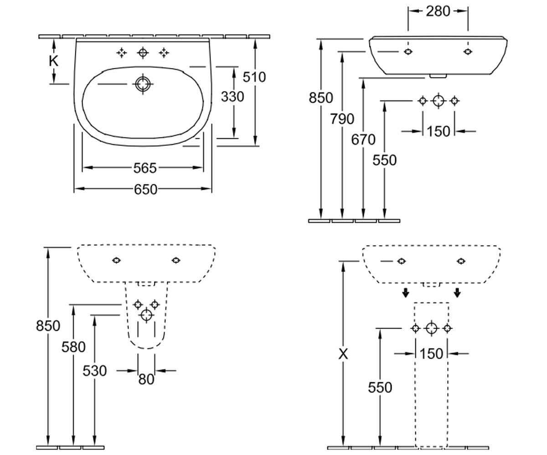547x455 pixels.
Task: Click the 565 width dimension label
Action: coord(145,168)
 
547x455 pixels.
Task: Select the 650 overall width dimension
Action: coord(146,189)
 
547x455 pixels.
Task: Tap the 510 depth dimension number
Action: coord(254,77)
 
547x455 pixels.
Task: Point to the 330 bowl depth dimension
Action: coord(232,97)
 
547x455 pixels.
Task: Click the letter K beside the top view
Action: coord(54,61)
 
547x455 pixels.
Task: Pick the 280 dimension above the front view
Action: coord(438,11)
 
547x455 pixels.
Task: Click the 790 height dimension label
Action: coord(342,119)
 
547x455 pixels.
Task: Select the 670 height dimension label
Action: coord(363,140)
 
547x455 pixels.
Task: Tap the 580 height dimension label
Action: coord(73,347)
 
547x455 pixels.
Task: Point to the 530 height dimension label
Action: coord(94,371)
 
